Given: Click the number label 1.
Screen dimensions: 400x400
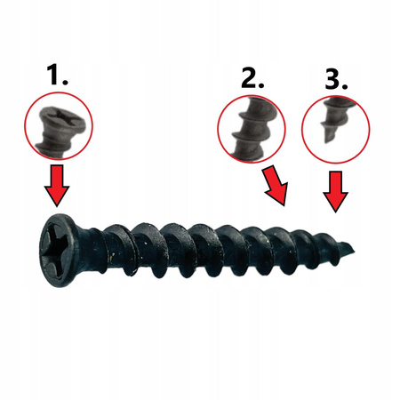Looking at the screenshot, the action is click(x=57, y=76).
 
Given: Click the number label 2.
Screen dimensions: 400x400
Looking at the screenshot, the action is click(x=252, y=77).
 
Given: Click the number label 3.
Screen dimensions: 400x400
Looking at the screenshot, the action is click(x=336, y=80).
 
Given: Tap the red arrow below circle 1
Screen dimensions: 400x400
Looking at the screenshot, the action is click(x=57, y=186).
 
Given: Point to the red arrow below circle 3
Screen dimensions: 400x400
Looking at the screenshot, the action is click(x=335, y=192).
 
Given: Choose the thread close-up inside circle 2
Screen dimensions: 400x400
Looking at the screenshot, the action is click(x=255, y=128).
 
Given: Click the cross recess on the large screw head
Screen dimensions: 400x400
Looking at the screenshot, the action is click(x=57, y=251).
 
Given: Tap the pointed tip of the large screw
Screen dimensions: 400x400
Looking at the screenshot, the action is click(x=354, y=252).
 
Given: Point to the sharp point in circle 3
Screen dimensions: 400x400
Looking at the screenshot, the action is click(x=326, y=141).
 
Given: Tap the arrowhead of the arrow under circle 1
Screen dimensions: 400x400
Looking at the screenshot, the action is click(x=57, y=196).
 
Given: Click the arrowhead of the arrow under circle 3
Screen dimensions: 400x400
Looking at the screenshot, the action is click(x=335, y=203).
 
